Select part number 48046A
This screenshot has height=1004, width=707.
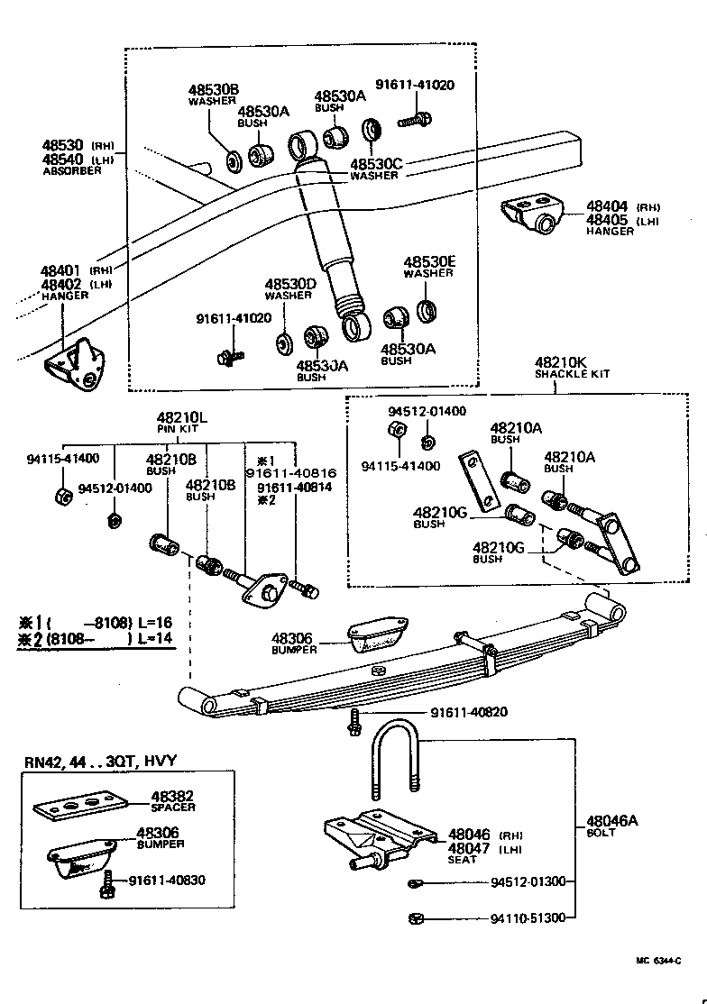pos(612,820)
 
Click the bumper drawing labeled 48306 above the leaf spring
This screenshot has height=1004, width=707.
pos(378,634)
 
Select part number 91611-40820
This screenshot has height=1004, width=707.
pos(468,712)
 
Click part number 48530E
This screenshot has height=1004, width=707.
pos(429,261)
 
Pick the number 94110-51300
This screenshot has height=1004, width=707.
pos(528,918)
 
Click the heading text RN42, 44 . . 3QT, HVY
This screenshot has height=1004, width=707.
pos(99,762)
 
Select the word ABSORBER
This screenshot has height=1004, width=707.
pos(73,171)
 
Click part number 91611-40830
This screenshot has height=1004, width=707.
pos(167,881)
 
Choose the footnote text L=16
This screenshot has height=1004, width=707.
pos(155,622)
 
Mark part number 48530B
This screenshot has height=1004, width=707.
pos(213,90)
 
